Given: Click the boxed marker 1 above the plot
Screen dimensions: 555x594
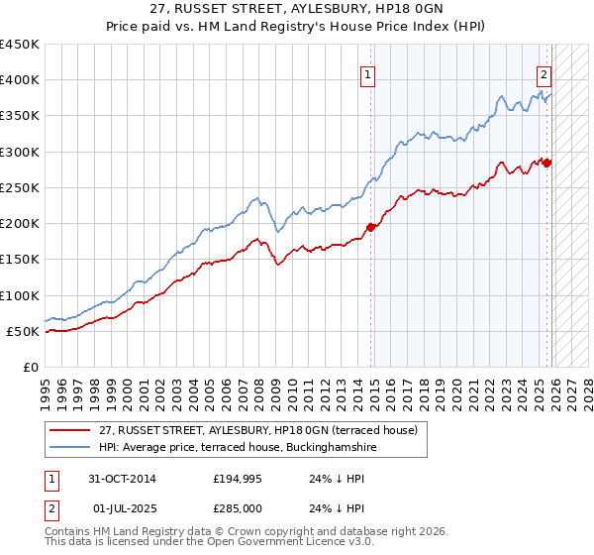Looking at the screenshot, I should [367, 73].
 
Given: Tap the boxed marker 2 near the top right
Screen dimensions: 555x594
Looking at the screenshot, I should [544, 73].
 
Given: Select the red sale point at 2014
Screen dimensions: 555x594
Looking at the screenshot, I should [371, 227].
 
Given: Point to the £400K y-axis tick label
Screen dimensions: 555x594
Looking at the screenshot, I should [20, 80].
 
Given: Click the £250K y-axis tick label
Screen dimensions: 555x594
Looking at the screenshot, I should [20, 187].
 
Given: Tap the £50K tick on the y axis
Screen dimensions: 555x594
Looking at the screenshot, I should [24, 331].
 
